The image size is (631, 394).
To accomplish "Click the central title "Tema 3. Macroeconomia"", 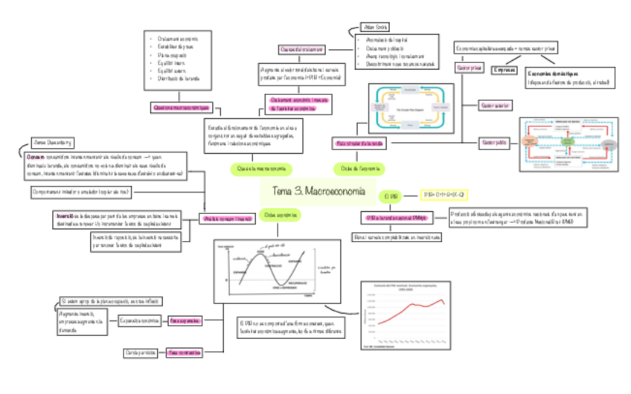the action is pyautogui.click(x=318, y=191).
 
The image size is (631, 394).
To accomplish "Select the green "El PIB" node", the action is pyautogui.click(x=392, y=197).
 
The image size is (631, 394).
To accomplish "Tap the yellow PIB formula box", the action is pyautogui.click(x=443, y=195).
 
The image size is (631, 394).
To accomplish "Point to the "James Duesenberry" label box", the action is pyautogui.click(x=51, y=142).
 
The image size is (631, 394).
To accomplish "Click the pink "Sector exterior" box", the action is pyautogui.click(x=495, y=106).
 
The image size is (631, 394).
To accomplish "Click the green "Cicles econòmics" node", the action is pyautogui.click(x=281, y=215).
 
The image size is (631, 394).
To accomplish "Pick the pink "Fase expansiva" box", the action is pyautogui.click(x=185, y=320).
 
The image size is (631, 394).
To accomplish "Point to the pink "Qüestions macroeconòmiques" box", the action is pyautogui.click(x=182, y=107).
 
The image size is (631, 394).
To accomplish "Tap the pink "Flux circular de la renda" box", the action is pyautogui.click(x=360, y=141).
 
